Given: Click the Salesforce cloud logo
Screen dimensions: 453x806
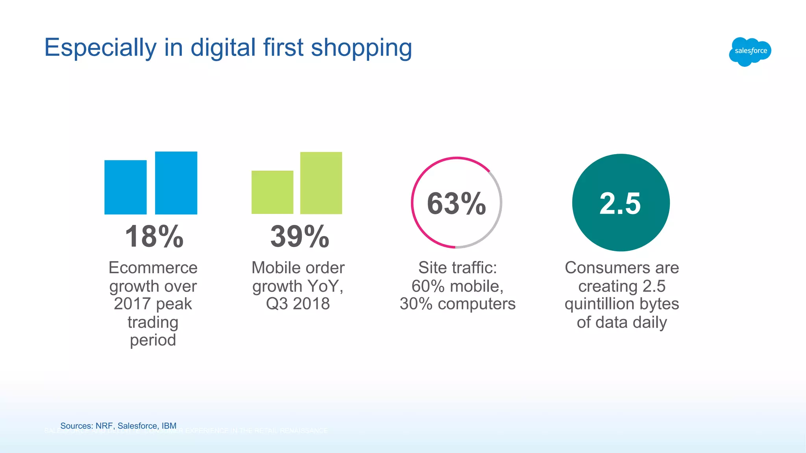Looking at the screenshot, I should click(750, 52).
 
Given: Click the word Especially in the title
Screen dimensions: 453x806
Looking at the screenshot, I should click(100, 48).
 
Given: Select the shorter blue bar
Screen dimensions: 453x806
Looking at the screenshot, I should click(126, 187).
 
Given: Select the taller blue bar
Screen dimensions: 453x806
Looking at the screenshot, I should click(176, 183).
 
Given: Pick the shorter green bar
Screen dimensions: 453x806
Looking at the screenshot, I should click(272, 192).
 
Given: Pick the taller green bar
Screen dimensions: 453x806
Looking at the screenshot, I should click(321, 183).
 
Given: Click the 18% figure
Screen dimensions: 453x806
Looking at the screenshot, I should click(154, 237).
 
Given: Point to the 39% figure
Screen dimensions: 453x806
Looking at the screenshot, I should click(299, 237).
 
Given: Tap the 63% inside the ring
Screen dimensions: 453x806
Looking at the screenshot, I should click(457, 204).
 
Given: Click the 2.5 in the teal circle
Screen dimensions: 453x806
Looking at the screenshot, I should click(620, 204).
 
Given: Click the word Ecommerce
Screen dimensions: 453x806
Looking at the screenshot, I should click(153, 268).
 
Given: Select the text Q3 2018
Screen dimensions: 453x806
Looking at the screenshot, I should click(298, 304).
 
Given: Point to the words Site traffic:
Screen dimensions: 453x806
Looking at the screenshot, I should click(457, 268).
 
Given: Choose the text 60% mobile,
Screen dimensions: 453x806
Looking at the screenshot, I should click(457, 286).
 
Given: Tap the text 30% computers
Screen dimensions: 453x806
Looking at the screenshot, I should click(457, 304).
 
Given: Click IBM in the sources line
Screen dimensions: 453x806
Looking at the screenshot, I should click(169, 426).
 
